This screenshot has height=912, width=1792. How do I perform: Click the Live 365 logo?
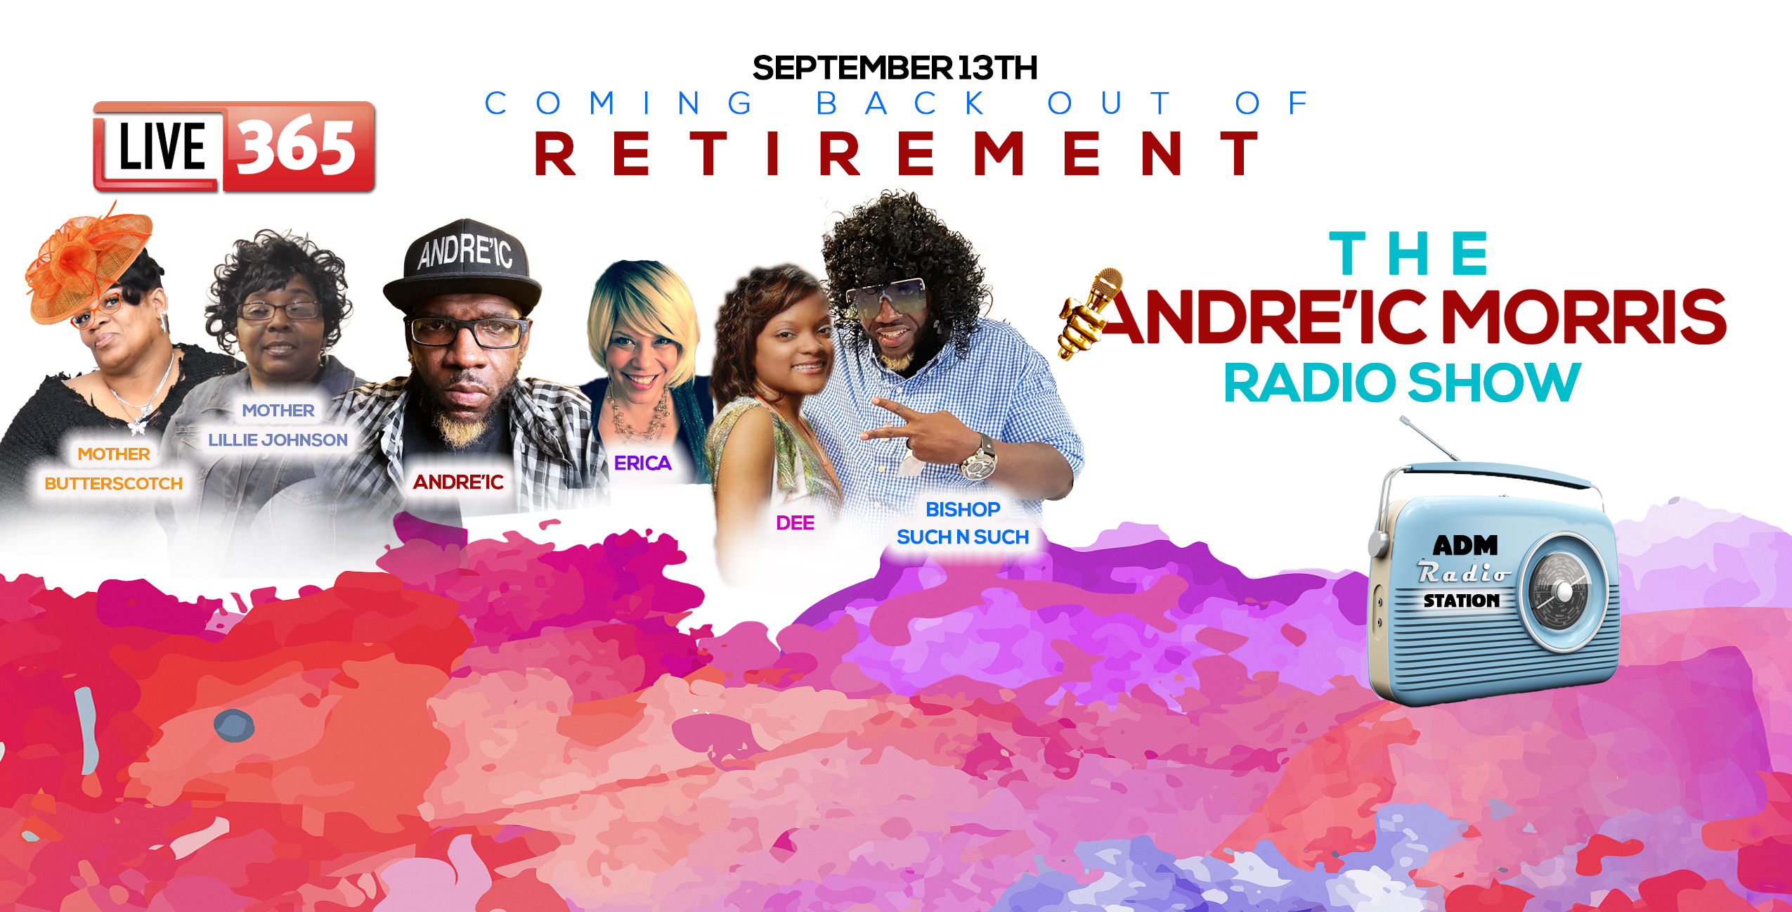[234, 146]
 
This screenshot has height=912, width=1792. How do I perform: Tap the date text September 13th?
[895, 68]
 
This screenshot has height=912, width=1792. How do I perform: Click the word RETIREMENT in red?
[896, 153]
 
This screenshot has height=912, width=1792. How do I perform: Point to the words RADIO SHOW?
[1402, 383]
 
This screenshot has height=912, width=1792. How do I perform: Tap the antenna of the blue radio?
[1427, 437]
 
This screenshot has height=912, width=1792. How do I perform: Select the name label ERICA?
[642, 463]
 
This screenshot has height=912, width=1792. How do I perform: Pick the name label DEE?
[795, 522]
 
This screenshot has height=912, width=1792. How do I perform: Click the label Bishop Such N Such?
[963, 522]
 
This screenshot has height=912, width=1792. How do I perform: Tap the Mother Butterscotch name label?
[113, 468]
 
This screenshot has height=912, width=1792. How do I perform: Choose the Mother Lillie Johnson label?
[278, 425]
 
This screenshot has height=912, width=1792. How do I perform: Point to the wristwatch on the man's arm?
[979, 458]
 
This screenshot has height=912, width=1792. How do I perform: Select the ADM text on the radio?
[1465, 545]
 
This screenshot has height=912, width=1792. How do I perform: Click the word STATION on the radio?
[1462, 600]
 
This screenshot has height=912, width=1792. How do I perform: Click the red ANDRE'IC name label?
[458, 482]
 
